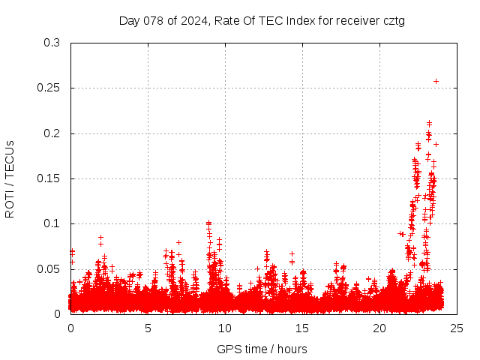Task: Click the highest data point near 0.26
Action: [436, 81]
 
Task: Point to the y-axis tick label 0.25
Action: [50, 88]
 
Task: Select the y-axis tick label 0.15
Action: [50, 178]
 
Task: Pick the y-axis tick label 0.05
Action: [50, 268]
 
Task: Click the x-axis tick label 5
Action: [148, 328]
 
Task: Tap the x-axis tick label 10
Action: [225, 328]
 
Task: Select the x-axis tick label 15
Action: [302, 328]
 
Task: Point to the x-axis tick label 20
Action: [379, 328]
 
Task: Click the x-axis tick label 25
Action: [457, 328]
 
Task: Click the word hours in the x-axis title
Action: [291, 349]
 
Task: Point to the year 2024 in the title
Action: [191, 20]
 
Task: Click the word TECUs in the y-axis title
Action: [10, 159]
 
